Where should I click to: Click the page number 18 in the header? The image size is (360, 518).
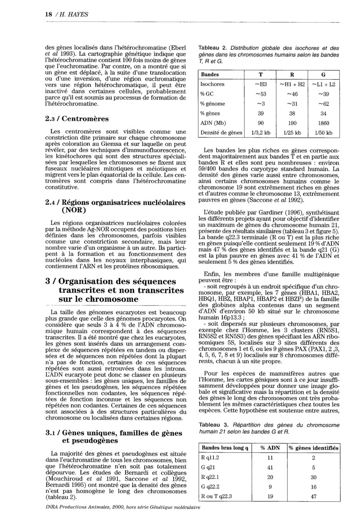pos(48,14)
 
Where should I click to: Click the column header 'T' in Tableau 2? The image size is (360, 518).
pos(260,74)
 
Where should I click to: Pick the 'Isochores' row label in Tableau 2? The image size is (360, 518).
pos(212,84)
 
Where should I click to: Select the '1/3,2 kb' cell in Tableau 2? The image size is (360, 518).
pos(260,133)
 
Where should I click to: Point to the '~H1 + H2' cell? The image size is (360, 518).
pos(292,84)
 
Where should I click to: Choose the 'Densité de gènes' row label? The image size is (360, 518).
pos(221,133)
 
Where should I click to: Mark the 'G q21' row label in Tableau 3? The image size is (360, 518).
pos(209,467)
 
